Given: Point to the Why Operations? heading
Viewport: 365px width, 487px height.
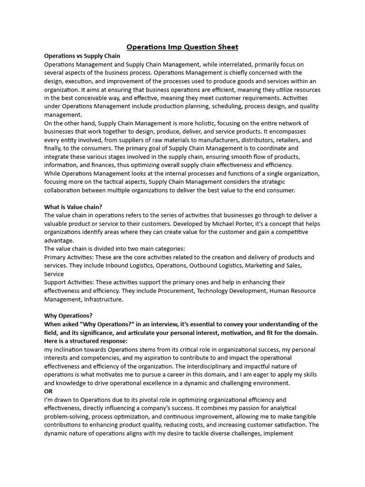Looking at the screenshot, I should tap(68, 315).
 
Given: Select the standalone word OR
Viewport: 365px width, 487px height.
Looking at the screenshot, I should tap(48, 391).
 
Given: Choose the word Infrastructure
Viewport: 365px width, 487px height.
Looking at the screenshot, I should tap(104, 300).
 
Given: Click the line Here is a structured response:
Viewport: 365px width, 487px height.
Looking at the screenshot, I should tap(86, 341).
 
